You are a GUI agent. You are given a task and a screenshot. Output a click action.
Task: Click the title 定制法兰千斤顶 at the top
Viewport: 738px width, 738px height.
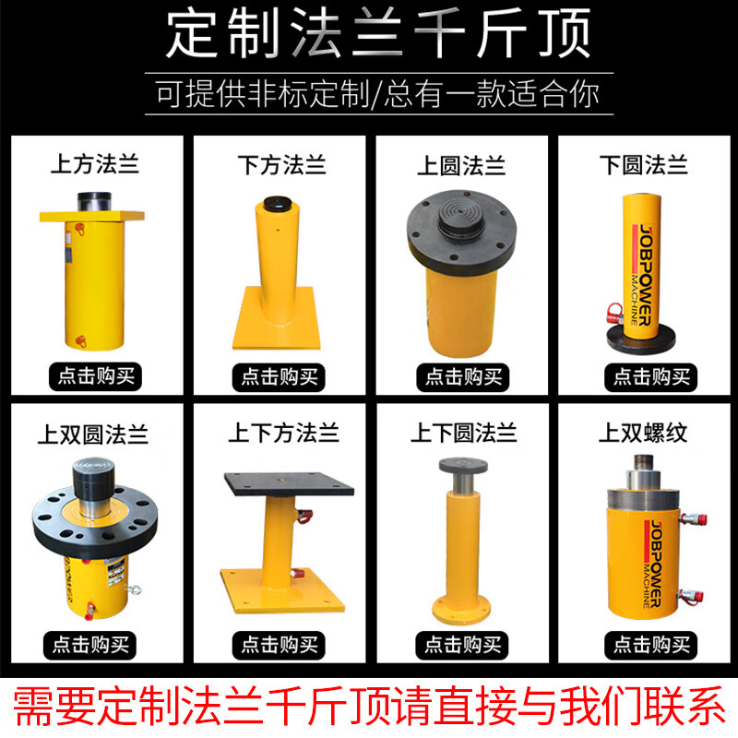point(369,35)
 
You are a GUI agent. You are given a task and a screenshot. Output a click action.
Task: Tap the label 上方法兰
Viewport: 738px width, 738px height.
point(94,166)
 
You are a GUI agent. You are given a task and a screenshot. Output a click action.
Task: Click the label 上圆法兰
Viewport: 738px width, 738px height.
point(460,166)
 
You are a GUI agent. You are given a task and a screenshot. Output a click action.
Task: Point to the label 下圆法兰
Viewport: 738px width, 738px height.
point(644,166)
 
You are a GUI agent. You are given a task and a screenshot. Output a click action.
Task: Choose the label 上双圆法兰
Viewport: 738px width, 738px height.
point(94,433)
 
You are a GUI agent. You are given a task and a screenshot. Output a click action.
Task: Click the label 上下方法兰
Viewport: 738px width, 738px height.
point(281,433)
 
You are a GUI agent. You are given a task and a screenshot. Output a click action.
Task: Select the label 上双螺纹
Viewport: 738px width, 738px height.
point(644,433)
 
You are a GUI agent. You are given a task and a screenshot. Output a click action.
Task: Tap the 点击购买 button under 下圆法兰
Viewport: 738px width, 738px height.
point(645,375)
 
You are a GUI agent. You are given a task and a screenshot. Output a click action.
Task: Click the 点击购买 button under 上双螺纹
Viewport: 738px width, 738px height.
point(645,643)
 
